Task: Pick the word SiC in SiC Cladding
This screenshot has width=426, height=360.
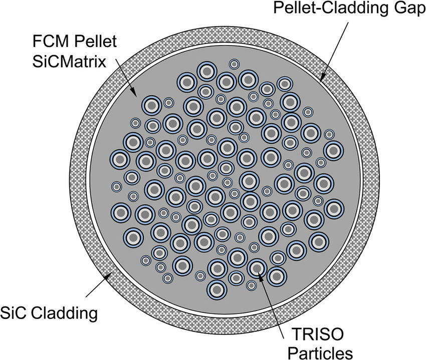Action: (x=15, y=314)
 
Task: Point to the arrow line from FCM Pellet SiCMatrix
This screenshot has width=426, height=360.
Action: (x=125, y=80)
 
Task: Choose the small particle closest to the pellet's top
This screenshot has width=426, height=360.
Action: (x=234, y=64)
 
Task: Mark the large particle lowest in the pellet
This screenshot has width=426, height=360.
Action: (x=216, y=288)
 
